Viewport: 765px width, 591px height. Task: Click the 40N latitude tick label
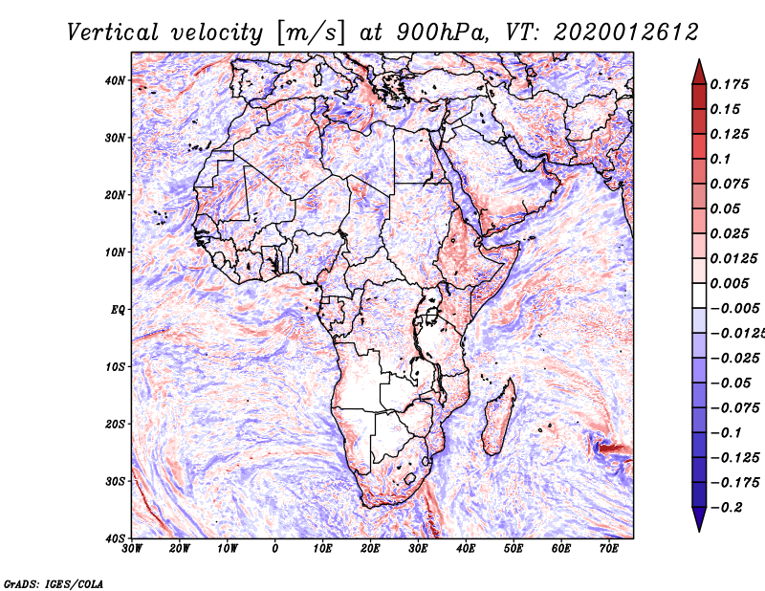tap(115, 80)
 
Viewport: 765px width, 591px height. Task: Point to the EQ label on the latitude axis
tap(118, 310)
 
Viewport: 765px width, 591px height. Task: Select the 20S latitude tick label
tap(115, 424)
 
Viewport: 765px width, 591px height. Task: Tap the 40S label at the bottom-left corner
tap(115, 538)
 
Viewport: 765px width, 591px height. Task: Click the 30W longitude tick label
tap(132, 549)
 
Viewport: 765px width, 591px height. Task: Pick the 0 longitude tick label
tap(275, 549)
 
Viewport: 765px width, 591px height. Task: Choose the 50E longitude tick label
tap(514, 549)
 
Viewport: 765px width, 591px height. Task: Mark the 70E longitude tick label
tap(609, 549)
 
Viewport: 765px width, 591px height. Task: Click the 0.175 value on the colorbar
tap(730, 84)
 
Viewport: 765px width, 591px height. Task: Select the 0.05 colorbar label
tap(725, 208)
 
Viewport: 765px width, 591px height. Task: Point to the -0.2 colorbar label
tap(726, 508)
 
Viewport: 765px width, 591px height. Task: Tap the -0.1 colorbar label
tap(726, 433)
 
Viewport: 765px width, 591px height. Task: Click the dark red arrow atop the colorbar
tap(699, 73)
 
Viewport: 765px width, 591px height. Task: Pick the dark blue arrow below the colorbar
tap(699, 519)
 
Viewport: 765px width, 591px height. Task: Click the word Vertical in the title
tap(113, 33)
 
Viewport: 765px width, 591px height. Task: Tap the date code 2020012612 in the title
tap(626, 33)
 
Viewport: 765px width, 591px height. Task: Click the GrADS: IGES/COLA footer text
tap(54, 583)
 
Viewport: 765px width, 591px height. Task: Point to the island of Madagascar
tap(499, 417)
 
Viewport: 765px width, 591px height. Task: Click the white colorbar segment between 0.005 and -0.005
tap(699, 295)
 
